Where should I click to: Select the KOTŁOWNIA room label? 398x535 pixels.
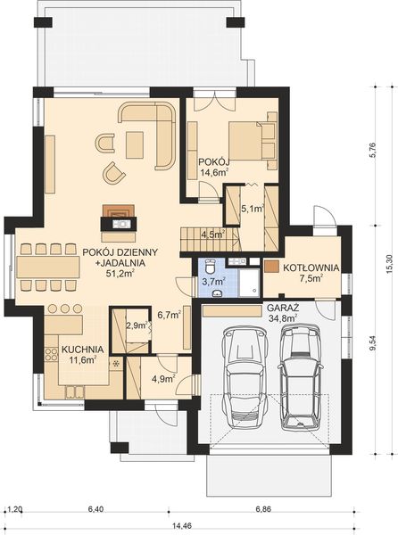(x=310, y=267)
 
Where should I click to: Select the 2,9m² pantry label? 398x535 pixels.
(x=136, y=327)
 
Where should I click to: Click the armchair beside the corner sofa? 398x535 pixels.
(x=113, y=171)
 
